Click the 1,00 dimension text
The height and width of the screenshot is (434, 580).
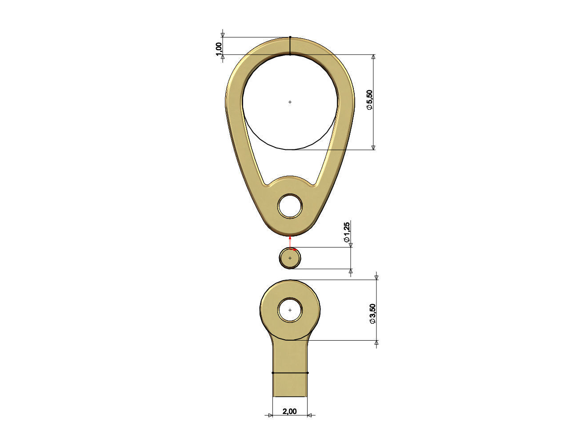click(x=218, y=49)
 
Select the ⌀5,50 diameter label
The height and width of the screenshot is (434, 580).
click(x=369, y=100)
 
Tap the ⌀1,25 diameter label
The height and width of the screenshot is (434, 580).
click(x=347, y=232)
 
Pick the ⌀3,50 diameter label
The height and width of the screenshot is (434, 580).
click(x=372, y=313)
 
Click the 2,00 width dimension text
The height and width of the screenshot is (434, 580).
click(x=289, y=411)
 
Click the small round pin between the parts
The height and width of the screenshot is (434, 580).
click(x=290, y=258)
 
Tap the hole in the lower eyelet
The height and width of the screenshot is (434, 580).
click(x=290, y=310)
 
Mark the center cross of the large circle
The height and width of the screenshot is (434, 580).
click(x=290, y=102)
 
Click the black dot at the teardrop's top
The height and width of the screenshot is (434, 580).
click(x=290, y=37)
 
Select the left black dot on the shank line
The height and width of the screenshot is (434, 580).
click(x=272, y=373)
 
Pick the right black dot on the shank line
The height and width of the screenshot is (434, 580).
click(x=308, y=373)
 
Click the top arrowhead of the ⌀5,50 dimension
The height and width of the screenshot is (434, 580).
click(x=373, y=57)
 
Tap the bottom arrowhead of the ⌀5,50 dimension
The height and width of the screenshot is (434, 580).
click(x=373, y=147)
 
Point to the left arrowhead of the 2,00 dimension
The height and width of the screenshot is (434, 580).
click(x=270, y=415)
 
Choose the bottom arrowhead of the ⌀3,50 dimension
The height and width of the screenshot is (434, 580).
click(x=376, y=343)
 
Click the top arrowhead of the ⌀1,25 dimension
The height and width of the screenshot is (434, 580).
click(x=351, y=245)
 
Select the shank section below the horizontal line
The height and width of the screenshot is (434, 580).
click(x=290, y=385)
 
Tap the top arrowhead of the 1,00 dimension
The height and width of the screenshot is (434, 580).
click(x=223, y=35)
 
